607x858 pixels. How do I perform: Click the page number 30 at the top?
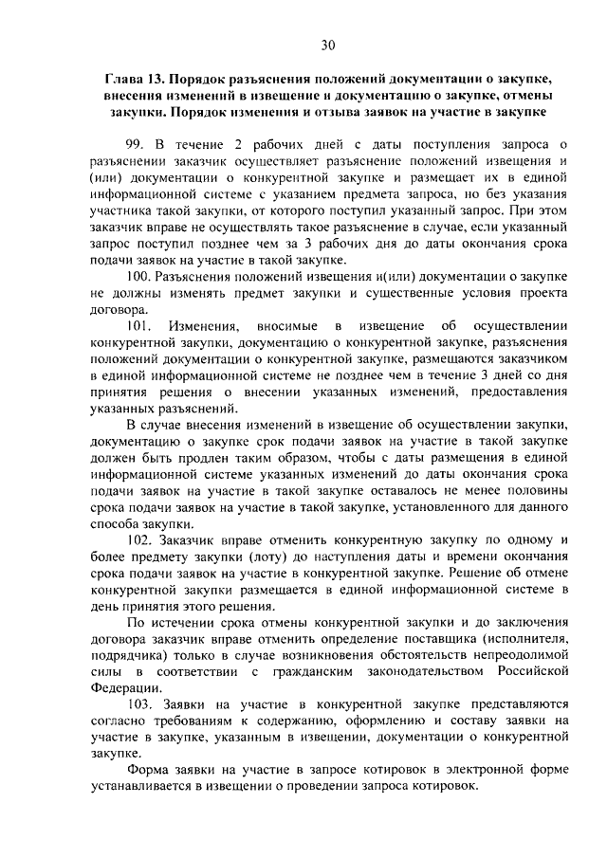click(x=327, y=45)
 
